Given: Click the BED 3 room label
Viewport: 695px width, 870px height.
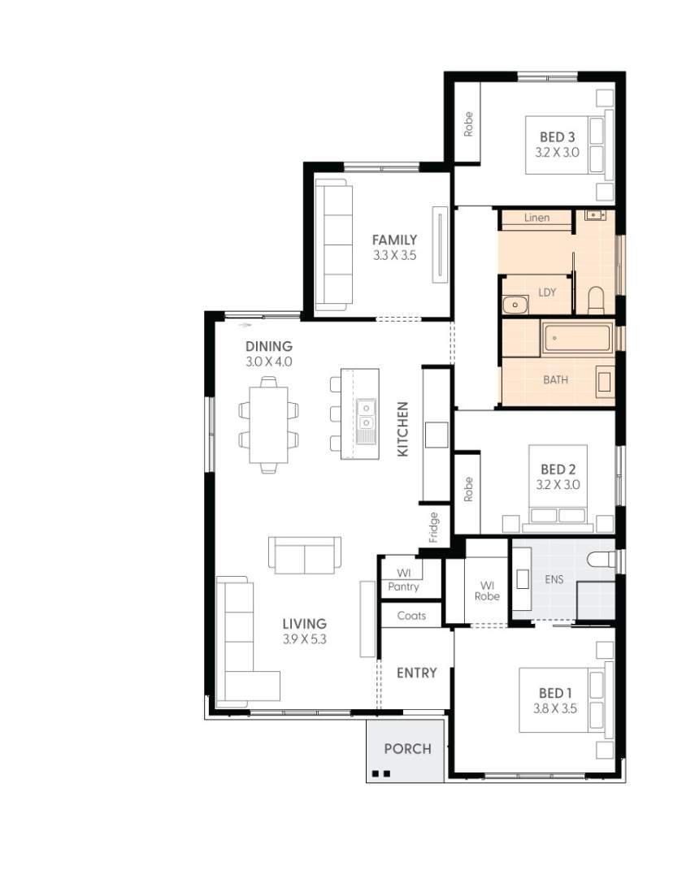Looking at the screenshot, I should [557, 137].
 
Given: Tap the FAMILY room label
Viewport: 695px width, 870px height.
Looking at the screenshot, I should [394, 240].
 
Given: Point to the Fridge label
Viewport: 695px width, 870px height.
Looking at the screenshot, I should [434, 527].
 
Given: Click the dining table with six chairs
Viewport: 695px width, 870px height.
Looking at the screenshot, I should [268, 424].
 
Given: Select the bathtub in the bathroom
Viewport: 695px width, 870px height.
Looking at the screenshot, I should [576, 337].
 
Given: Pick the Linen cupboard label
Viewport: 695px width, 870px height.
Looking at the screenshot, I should [536, 218].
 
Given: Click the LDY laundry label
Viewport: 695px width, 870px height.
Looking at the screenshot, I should [547, 292].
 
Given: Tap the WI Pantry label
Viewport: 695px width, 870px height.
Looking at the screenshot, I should [403, 580].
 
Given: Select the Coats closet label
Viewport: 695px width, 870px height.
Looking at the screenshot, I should [411, 616].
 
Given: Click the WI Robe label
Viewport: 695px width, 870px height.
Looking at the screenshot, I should [487, 590].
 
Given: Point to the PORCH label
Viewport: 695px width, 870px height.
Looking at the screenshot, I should [407, 749].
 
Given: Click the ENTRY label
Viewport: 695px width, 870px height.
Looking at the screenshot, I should [416, 673].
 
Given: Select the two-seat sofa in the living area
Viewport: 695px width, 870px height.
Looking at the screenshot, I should [305, 555].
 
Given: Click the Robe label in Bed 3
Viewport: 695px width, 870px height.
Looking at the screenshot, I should [468, 123].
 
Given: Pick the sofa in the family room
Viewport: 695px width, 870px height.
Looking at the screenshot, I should [333, 244].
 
